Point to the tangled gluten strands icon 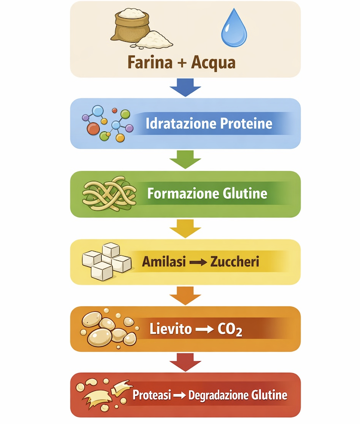(106, 193)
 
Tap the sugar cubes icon (107, 262)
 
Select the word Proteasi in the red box (151, 396)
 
